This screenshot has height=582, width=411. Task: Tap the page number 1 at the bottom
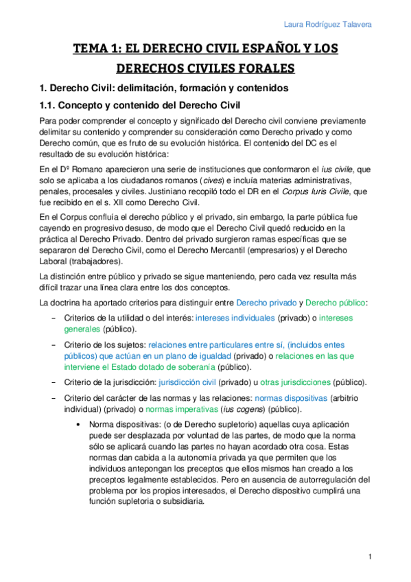369,557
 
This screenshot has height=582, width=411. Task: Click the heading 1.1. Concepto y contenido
140,105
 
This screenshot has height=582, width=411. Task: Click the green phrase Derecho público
336,302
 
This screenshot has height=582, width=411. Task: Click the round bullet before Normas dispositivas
82,424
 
